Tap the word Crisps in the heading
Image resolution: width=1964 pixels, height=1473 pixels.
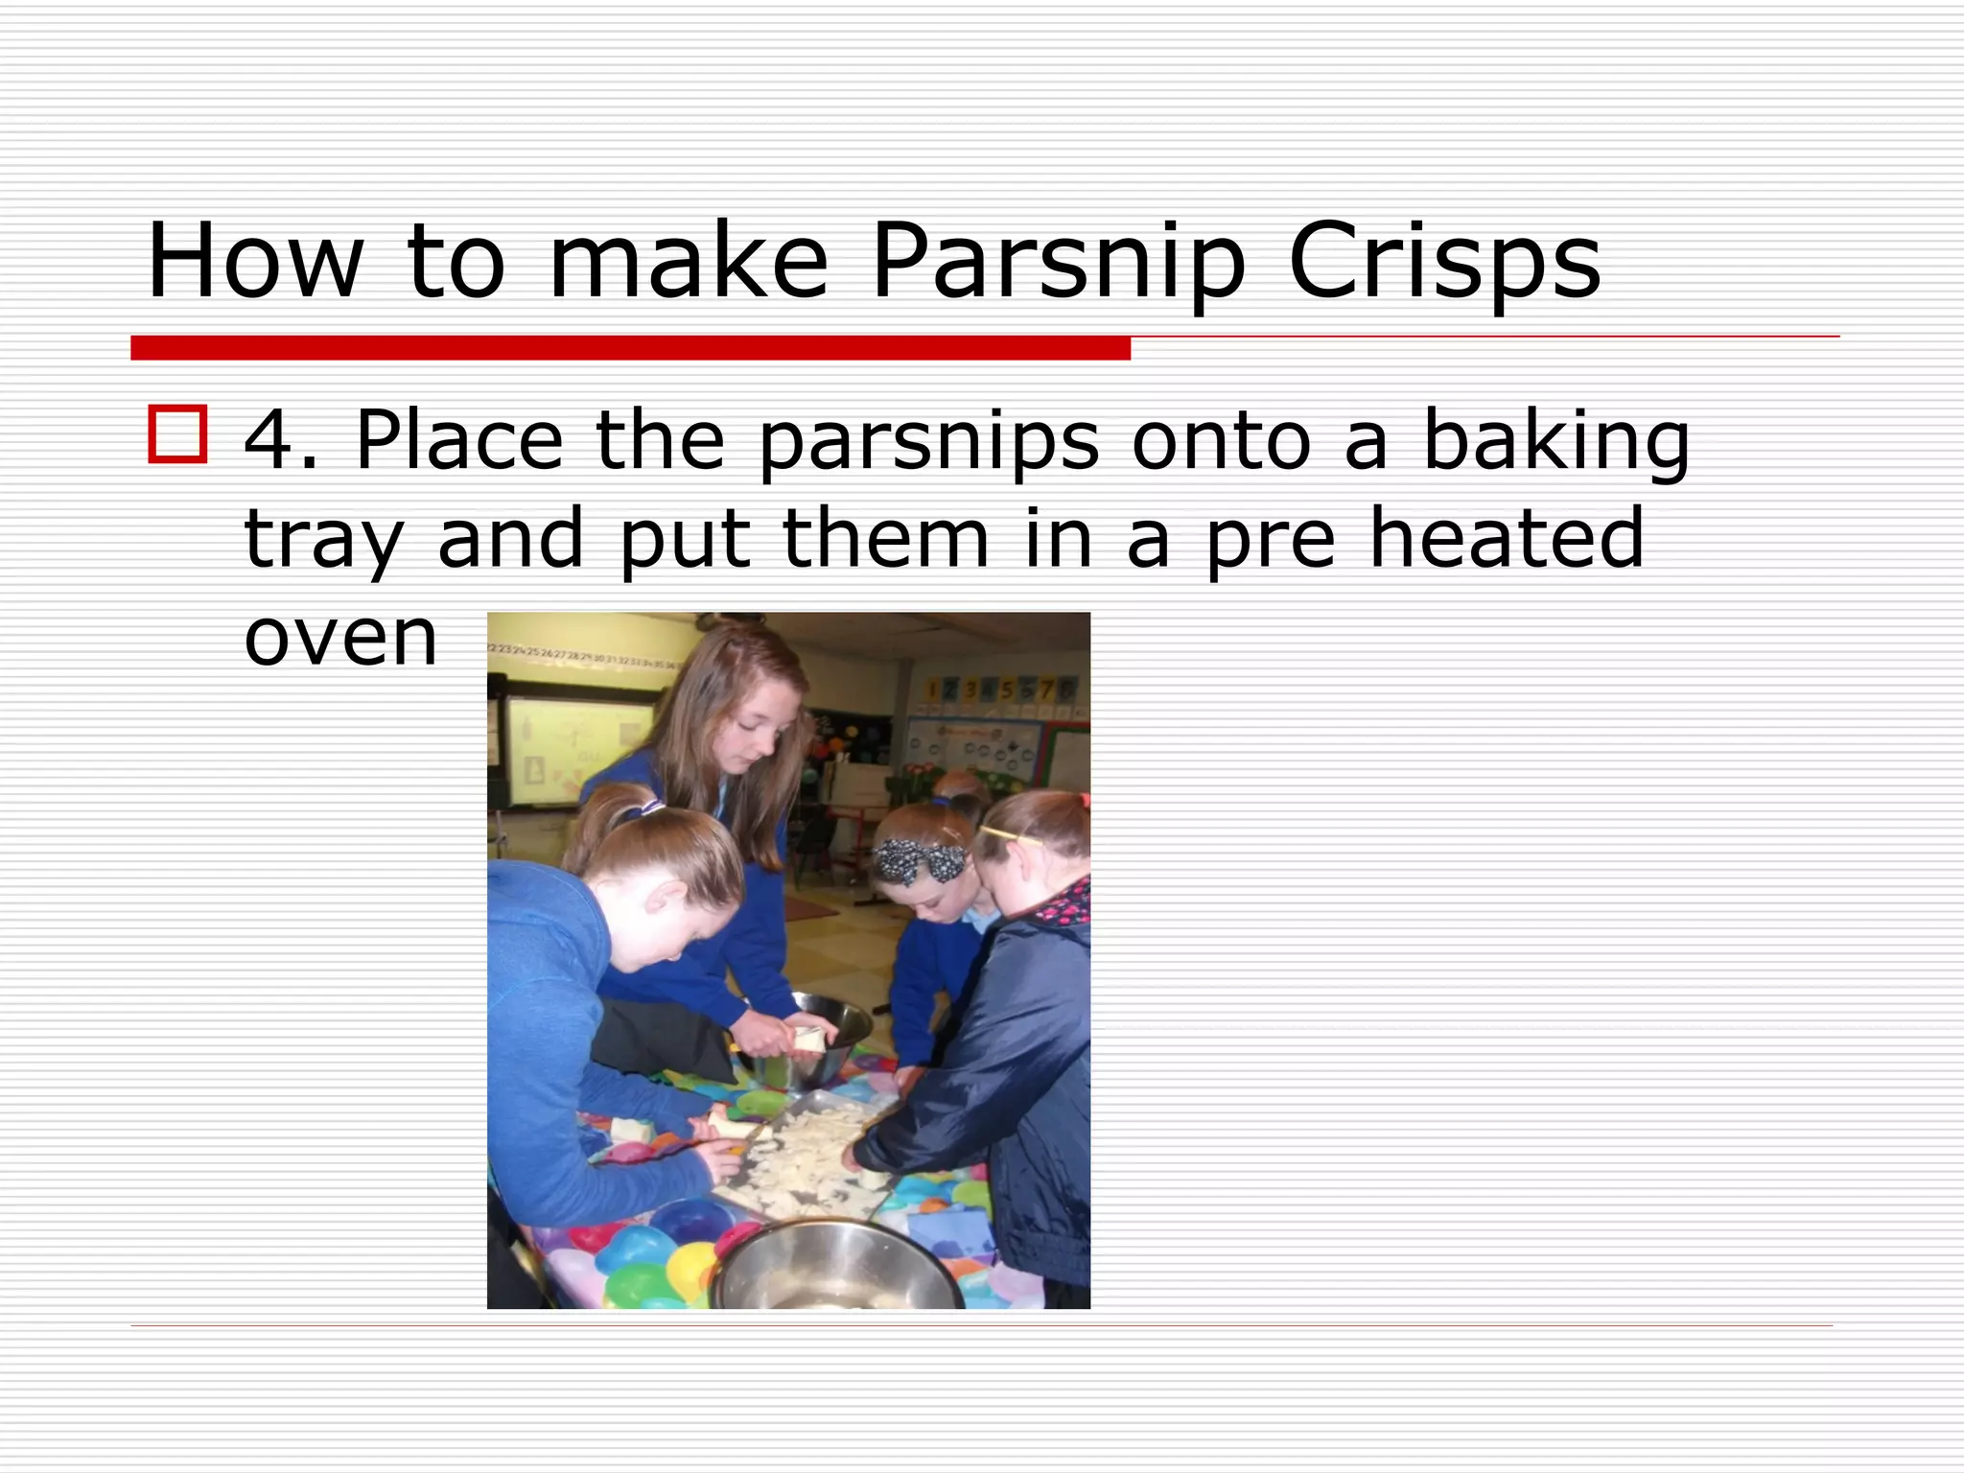[x=1444, y=262]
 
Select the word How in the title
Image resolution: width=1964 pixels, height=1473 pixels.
[x=255, y=262]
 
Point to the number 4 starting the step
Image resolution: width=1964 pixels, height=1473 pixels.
[x=271, y=441]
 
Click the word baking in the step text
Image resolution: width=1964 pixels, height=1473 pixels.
[x=1555, y=441]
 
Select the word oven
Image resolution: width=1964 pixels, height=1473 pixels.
[x=340, y=638]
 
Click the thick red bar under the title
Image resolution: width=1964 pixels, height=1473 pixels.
[x=630, y=348]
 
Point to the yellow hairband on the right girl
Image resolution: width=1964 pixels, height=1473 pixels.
[x=1012, y=835]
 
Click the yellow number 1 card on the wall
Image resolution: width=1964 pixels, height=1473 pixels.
[x=931, y=689]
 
